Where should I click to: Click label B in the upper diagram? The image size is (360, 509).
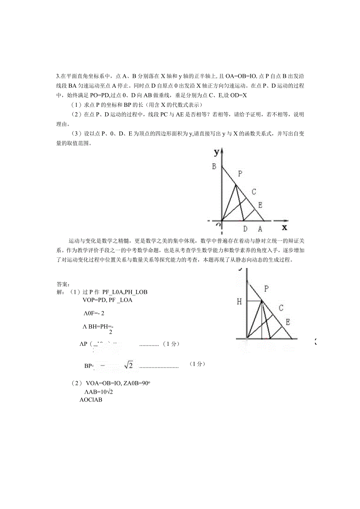pyautogui.click(x=214, y=167)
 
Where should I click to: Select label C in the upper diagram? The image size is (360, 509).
pyautogui.click(x=254, y=192)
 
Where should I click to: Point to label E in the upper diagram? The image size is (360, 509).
pyautogui.click(x=260, y=205)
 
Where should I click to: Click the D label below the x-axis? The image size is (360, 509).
pyautogui.click(x=245, y=229)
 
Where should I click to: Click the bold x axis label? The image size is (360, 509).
pyautogui.click(x=284, y=227)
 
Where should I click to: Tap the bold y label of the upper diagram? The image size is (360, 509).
pyautogui.click(x=216, y=152)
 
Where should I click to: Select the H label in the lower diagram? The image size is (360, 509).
pyautogui.click(x=239, y=301)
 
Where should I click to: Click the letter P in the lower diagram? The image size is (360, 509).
pyautogui.click(x=266, y=289)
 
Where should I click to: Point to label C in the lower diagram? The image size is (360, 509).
pyautogui.click(x=281, y=308)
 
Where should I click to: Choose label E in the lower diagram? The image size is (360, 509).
pyautogui.click(x=288, y=322)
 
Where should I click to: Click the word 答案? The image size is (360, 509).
pyautogui.click(x=63, y=284)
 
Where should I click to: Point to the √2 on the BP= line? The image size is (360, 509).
pyautogui.click(x=129, y=365)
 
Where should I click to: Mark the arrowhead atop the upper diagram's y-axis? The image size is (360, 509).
pyautogui.click(x=222, y=151)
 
